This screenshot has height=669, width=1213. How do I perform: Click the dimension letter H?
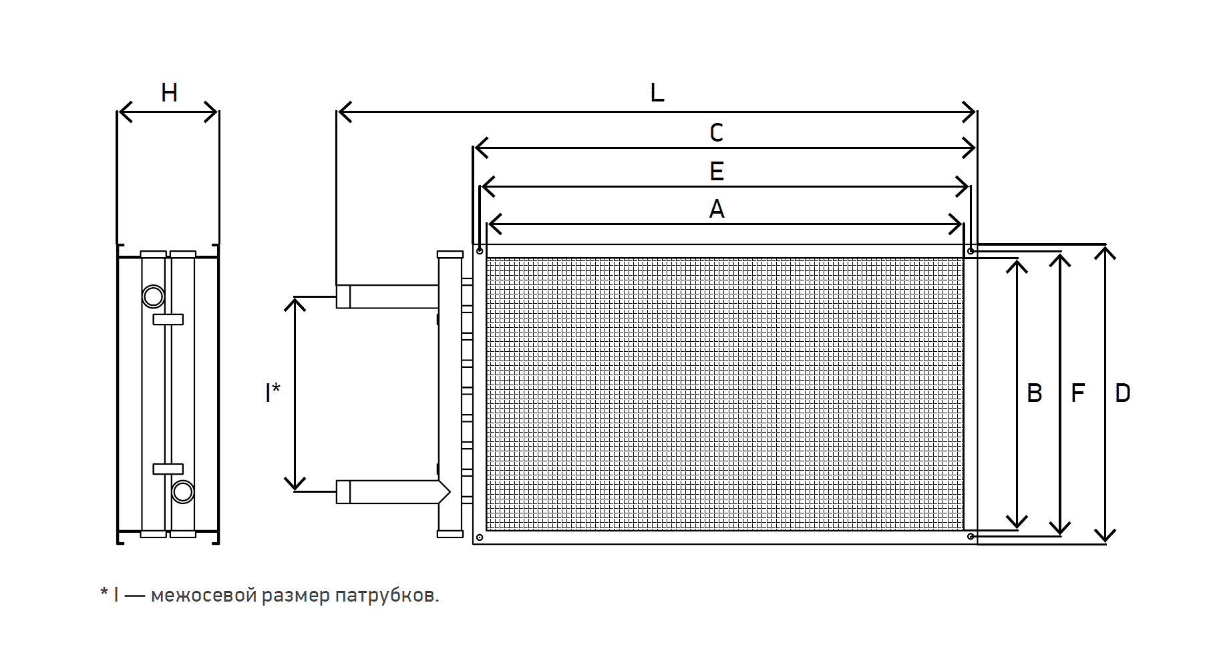coord(170,93)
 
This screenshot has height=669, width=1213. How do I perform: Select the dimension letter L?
coord(657,93)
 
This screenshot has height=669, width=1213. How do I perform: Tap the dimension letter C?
coord(716,133)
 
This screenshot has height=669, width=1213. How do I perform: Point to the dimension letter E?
coord(716,172)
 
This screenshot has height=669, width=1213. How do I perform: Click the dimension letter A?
coord(716,210)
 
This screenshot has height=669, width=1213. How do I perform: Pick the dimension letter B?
coord(1034,393)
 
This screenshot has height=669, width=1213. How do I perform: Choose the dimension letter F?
coord(1077,393)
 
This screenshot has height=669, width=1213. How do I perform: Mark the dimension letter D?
coord(1122,393)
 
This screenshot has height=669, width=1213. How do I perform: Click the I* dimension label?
coord(273,392)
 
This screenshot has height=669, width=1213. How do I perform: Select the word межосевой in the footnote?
coord(203,595)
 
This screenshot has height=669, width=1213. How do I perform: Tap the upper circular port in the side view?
coord(153,296)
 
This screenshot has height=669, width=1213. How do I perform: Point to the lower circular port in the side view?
coord(182,492)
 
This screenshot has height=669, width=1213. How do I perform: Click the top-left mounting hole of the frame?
coord(480,251)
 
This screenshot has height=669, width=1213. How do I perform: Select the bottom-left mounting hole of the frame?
coord(480,537)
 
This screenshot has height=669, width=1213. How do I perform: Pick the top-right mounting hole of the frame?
coord(971,251)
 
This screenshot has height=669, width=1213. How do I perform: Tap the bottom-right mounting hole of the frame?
coord(971,536)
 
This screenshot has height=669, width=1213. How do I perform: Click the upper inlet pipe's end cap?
coord(343,296)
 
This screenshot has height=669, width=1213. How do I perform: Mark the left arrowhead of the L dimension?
coord(342,112)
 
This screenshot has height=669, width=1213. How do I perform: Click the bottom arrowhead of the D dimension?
coord(1105,536)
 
